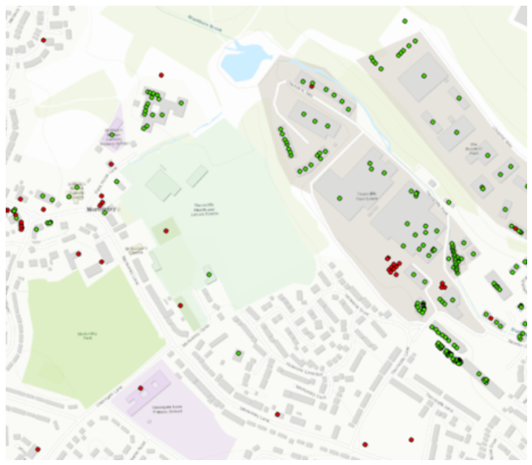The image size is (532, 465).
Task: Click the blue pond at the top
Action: pos(245,62)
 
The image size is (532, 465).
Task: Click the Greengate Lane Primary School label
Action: pos(150,399)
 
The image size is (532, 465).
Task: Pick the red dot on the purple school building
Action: pos(141,388)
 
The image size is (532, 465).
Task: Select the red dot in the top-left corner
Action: pos(43,40)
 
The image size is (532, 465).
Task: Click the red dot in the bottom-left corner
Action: pos(37,448)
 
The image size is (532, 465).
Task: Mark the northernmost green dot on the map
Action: pos(404,21)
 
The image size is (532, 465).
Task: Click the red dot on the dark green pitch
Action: pos(166,231)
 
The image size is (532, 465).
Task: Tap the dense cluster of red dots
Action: pos(393,265)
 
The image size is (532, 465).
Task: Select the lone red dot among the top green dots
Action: pos(311,84)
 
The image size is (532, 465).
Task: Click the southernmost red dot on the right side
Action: pos(411,440)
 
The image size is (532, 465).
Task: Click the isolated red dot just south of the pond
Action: pos(161,75)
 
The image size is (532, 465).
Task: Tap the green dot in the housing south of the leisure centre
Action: pos(238,353)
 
